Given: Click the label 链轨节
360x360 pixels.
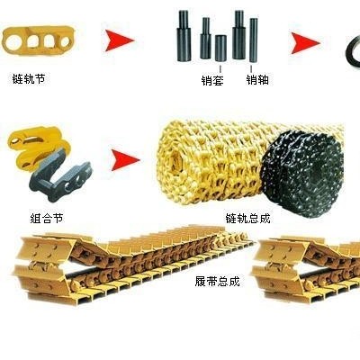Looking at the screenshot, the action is point(29,79).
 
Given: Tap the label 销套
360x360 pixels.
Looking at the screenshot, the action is point(212,80).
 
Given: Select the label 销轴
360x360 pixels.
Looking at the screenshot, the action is point(257,80).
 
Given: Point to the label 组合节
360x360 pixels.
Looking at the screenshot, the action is point(47,218).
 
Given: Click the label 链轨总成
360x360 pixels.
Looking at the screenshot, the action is point(247,218).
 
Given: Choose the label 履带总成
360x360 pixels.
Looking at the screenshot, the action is point(218,282).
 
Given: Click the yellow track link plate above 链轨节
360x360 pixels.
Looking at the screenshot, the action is point(38,40).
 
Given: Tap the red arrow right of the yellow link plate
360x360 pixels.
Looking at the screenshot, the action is point(120,40).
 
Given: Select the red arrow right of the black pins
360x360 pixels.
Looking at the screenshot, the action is point(306,43).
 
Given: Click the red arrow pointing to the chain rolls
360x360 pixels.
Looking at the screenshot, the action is point(125,160).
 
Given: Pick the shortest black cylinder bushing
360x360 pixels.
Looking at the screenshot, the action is point(220,49).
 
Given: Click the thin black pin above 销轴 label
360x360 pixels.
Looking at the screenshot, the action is point(254,40).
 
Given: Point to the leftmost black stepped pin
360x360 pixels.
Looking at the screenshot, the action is point(184,36).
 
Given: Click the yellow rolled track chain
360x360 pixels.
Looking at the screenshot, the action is point(210,162).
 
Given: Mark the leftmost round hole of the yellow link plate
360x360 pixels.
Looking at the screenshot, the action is point(13,43).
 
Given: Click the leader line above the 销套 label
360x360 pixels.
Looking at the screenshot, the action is point(220,67).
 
